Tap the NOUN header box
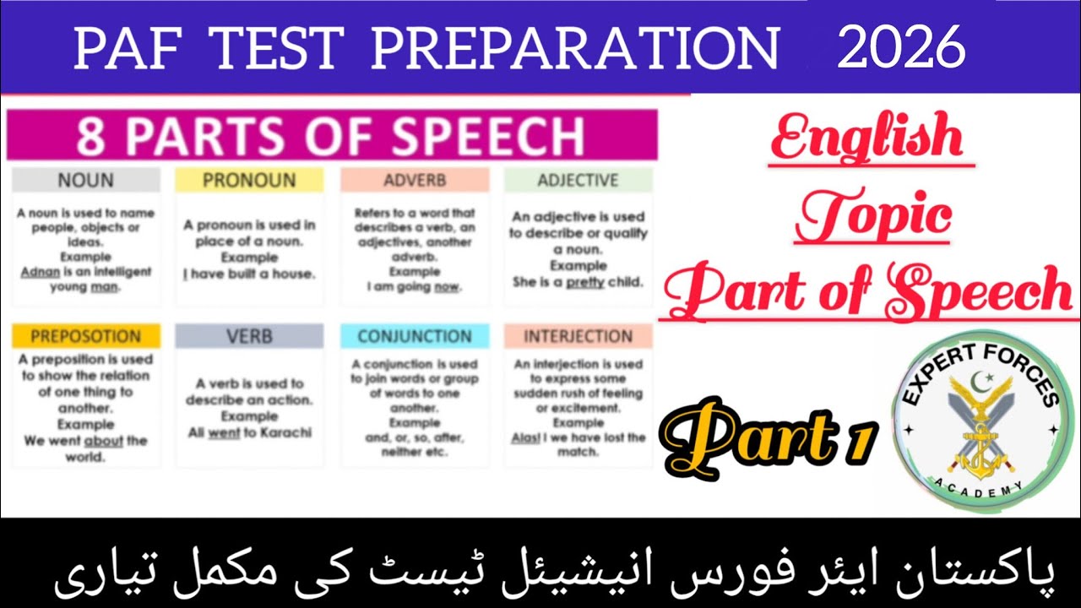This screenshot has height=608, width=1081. coord(86,180)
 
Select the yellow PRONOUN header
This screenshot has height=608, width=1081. coord(249,180)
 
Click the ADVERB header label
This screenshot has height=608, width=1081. coord(415,180)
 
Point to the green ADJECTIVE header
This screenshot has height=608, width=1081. coord(578,180)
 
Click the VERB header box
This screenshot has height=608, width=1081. coord(249,336)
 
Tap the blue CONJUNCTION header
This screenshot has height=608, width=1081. coord(414,336)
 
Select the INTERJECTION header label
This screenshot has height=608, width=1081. coord(578,336)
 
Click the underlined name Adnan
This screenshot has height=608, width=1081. coord(37,272)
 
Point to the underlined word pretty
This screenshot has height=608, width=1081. coord(584,282)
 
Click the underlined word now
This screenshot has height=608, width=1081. coord(447,286)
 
